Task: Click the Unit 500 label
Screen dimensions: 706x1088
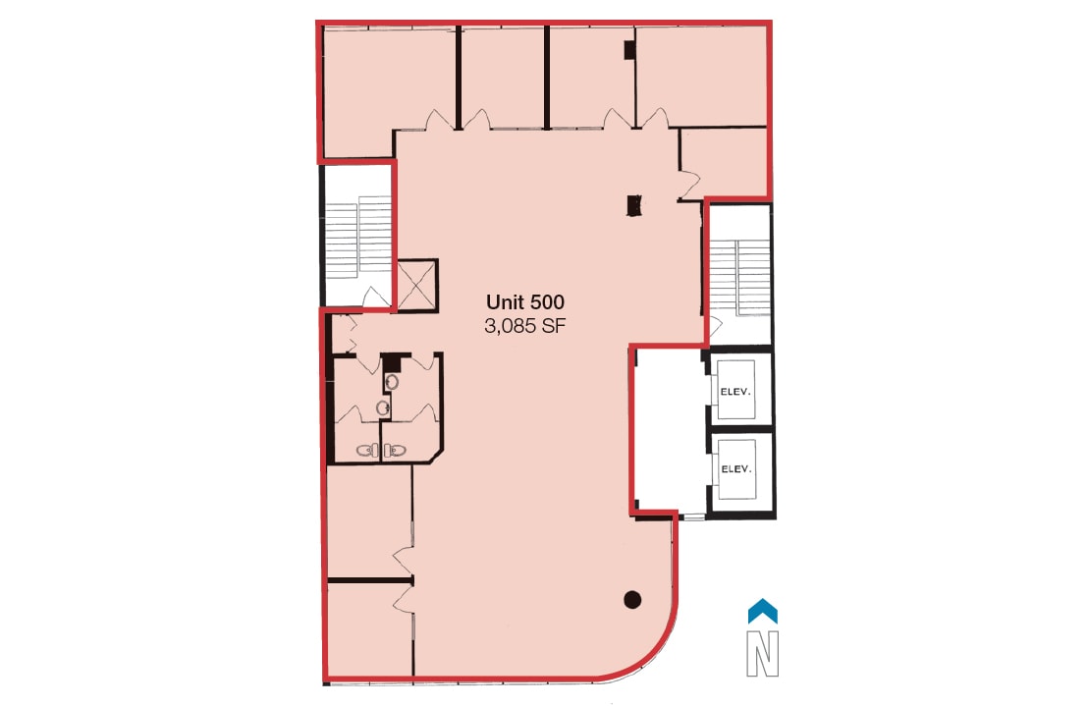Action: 525,303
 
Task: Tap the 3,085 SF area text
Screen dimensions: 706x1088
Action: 525,328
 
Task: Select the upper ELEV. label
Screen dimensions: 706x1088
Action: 736,391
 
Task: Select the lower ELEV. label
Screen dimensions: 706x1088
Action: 736,469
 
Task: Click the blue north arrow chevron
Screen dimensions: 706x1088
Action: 763,612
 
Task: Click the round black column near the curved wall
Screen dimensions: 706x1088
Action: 633,599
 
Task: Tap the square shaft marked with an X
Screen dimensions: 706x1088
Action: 416,285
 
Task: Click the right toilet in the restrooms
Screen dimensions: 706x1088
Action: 394,451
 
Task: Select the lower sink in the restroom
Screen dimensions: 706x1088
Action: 384,407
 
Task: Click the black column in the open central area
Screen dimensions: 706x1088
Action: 634,205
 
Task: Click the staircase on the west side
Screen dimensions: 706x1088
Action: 358,236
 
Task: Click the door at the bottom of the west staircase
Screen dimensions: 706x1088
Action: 373,298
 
